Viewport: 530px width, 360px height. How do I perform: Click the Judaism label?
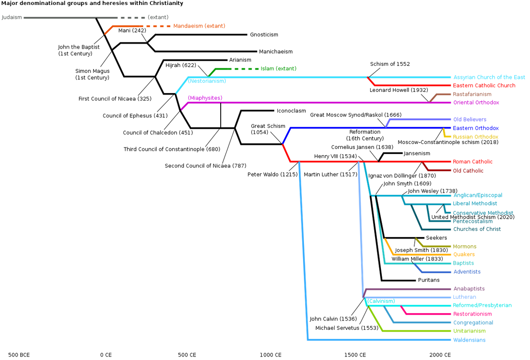(x=12, y=18)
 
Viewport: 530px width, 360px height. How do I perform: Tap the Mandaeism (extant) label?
(x=199, y=26)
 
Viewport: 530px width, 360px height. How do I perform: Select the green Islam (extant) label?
(x=278, y=69)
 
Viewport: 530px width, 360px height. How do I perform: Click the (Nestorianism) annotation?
(x=207, y=81)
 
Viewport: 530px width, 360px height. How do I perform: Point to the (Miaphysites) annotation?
(x=205, y=98)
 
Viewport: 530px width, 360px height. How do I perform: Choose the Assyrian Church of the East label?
(x=489, y=77)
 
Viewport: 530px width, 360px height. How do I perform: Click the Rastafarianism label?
(x=472, y=94)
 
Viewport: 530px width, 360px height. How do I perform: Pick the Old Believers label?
(x=469, y=120)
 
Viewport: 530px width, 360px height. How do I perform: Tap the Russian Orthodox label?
(x=476, y=137)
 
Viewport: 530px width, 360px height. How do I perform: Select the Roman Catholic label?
(x=472, y=162)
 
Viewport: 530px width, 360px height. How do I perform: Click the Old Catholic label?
(x=468, y=171)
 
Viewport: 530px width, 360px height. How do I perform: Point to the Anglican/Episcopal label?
(x=477, y=195)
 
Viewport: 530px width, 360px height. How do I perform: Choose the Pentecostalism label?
(x=472, y=221)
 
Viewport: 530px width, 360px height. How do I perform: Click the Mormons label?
(x=464, y=247)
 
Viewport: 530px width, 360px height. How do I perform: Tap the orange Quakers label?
(x=463, y=255)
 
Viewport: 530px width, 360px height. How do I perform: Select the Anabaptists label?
(x=468, y=289)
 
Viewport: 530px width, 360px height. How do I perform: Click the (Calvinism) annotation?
(x=381, y=301)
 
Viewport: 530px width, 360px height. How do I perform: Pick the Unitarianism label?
(x=469, y=331)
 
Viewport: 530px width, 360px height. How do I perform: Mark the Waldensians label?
(x=469, y=340)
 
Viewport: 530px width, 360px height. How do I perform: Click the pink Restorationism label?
(x=472, y=314)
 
